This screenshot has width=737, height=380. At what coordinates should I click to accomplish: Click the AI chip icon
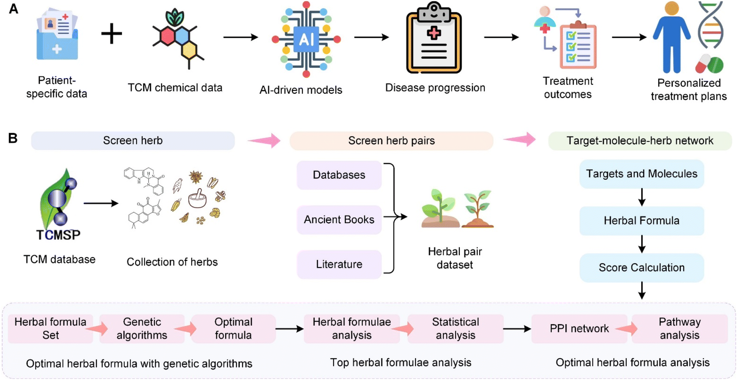coord(306,39)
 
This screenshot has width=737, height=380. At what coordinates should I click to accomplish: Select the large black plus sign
coord(112,34)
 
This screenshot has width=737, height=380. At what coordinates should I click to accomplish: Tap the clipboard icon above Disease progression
coord(434,38)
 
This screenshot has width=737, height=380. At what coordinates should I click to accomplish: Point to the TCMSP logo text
coord(58,235)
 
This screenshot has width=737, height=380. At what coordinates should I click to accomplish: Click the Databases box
coord(339,175)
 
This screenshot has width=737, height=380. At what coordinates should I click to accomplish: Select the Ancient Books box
coord(339,220)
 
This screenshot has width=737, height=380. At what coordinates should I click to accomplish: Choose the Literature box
coord(339,264)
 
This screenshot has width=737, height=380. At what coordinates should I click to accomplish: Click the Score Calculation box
coord(642,268)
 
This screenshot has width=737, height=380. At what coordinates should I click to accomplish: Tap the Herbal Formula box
coord(642,221)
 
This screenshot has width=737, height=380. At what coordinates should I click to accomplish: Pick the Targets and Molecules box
coord(642,174)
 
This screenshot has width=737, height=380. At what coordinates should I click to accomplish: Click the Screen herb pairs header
coord(391,141)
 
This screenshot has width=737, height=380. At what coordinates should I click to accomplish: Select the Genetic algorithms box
coord(142,329)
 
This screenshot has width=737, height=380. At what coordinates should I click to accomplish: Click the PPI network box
coord(579,329)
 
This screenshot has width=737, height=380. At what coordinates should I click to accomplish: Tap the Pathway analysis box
coord(680,329)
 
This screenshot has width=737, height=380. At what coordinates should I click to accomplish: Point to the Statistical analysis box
coord(456,329)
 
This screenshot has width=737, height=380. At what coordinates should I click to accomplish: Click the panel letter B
coord(13,138)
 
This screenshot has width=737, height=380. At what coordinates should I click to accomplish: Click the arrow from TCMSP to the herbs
coord(101,203)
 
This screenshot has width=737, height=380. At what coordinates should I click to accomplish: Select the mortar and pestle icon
coord(198,199)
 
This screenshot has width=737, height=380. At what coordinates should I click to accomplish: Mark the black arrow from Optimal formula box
coord(289,329)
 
